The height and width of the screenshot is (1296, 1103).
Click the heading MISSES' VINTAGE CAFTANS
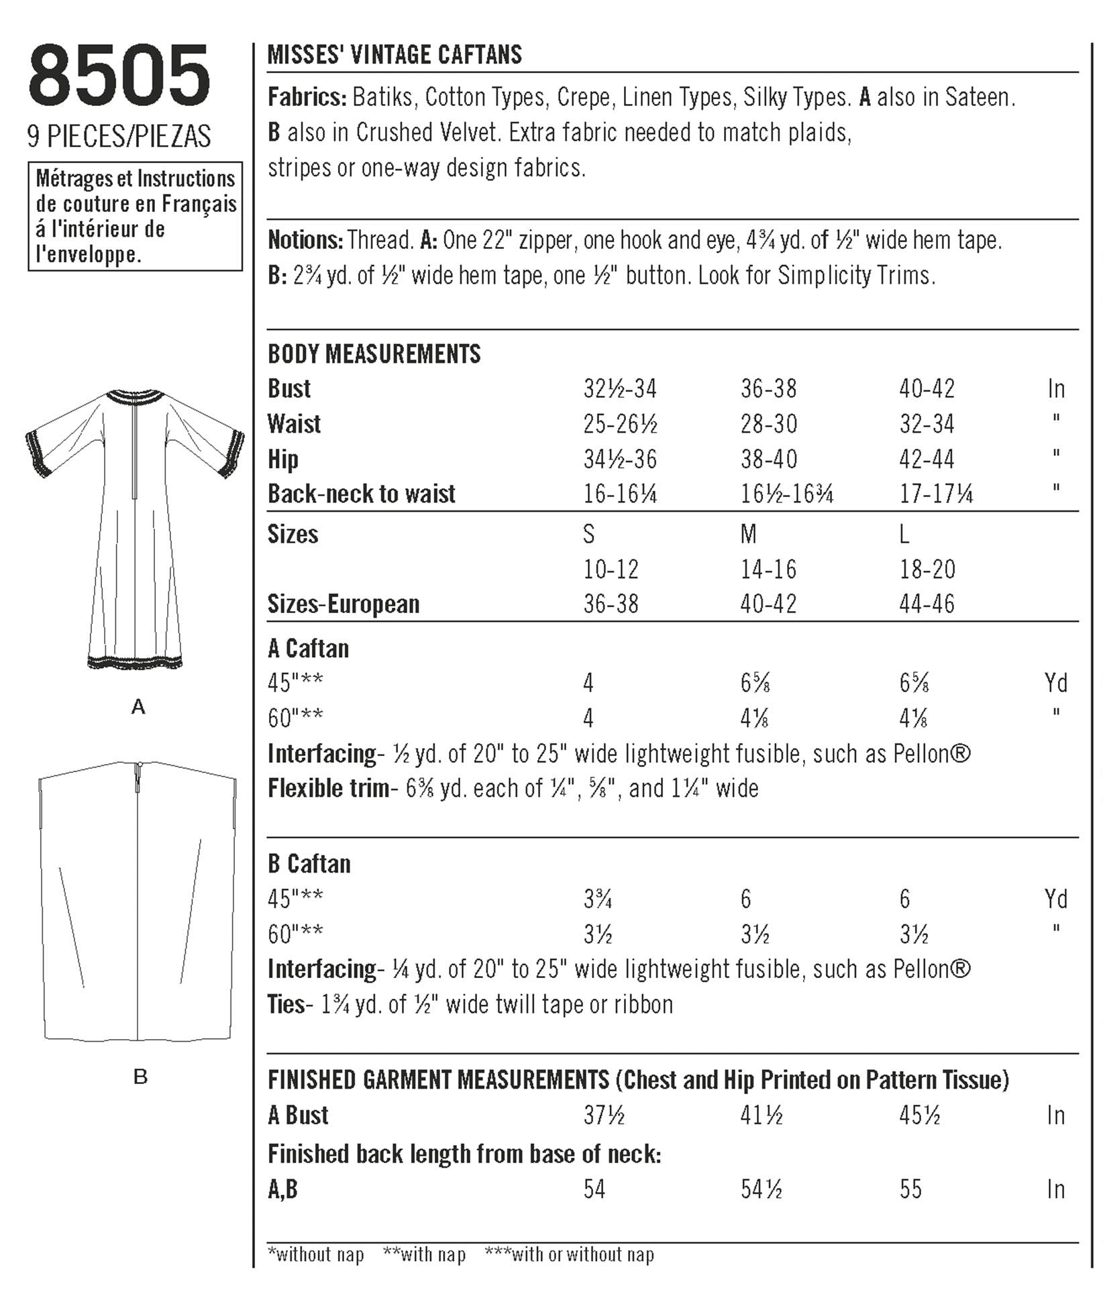pyautogui.click(x=395, y=55)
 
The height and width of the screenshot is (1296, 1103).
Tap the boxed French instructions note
pyautogui.click(x=135, y=216)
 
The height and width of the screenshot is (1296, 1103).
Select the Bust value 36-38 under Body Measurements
pyautogui.click(x=768, y=388)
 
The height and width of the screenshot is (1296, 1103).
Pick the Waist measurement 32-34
pyautogui.click(x=927, y=424)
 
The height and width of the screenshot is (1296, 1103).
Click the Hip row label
pyautogui.click(x=282, y=460)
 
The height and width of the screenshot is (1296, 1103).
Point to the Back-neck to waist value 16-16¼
pyautogui.click(x=620, y=494)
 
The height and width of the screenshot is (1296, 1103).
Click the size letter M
pyautogui.click(x=748, y=535)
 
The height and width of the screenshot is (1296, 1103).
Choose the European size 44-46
pyautogui.click(x=927, y=604)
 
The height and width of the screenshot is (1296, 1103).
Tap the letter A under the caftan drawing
pyautogui.click(x=138, y=706)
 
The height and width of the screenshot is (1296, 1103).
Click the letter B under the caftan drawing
pyautogui.click(x=140, y=1077)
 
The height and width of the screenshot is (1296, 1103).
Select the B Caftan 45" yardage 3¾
pyautogui.click(x=597, y=900)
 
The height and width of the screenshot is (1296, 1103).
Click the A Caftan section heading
pyautogui.click(x=309, y=649)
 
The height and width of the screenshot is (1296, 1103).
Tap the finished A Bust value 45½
pyautogui.click(x=919, y=1116)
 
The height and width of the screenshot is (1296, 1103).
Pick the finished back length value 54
pyautogui.click(x=594, y=1190)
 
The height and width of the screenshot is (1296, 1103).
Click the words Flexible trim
pyautogui.click(x=328, y=788)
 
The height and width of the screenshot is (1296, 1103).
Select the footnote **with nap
pyautogui.click(x=424, y=1255)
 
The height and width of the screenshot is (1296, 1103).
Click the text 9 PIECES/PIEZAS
pyautogui.click(x=119, y=136)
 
